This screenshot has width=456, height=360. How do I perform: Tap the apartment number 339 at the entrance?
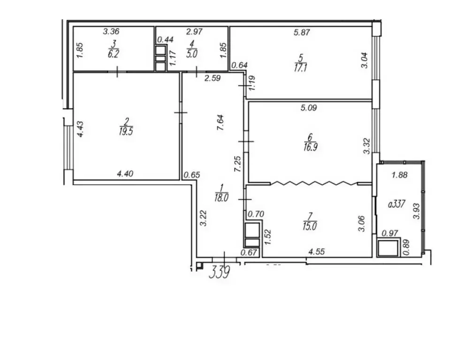click(220, 272)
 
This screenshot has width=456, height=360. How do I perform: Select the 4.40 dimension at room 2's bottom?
click(125, 174)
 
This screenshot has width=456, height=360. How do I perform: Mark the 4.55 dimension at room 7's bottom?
click(317, 252)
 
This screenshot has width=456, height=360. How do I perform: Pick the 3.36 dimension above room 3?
click(112, 32)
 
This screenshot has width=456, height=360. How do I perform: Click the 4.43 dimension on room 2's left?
click(80, 129)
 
